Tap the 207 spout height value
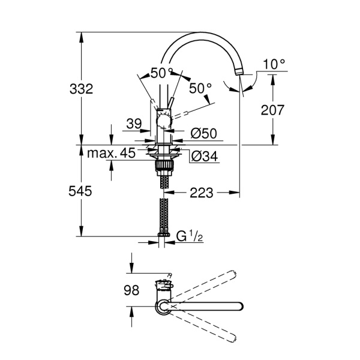click(x=272, y=110)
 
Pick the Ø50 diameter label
click(x=204, y=133)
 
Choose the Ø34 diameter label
click(x=204, y=157)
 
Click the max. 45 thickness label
click(x=111, y=154)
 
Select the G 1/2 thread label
click(x=189, y=237)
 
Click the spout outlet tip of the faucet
click(x=241, y=73)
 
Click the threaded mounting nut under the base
click(x=163, y=163)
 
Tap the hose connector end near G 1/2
click(x=162, y=235)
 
